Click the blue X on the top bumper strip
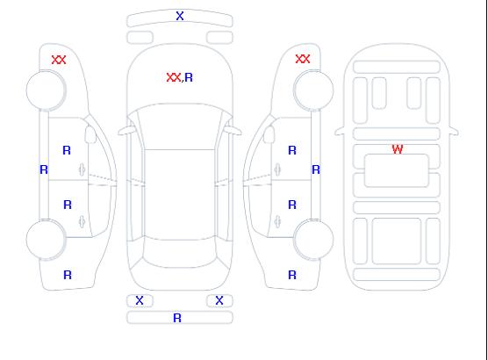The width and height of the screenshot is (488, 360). tap(180, 16)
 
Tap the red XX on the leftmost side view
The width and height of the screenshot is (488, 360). tap(59, 60)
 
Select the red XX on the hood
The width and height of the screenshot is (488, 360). tap(174, 77)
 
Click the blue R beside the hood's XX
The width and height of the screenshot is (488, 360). tap(189, 77)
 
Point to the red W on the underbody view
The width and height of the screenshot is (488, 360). tap(398, 149)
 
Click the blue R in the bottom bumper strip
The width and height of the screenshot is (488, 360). tap(177, 318)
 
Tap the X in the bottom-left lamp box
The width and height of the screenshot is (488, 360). tap(140, 300)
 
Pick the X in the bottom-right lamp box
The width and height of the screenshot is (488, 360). tap(219, 300)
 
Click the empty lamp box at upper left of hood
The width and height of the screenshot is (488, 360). tap(140, 38)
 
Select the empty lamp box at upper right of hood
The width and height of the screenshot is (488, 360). tap(219, 38)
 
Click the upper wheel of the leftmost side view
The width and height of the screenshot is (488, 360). tap(46, 90)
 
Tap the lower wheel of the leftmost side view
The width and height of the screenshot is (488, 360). tap(46, 240)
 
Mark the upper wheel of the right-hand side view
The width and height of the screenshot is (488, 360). tap(313, 90)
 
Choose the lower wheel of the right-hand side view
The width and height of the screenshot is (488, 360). tap(313, 240)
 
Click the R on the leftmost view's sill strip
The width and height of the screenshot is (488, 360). tap(44, 169)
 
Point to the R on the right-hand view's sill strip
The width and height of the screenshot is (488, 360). tap(316, 169)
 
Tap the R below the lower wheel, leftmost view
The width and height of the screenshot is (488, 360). tap(68, 275)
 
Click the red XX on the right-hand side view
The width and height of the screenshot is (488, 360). tap(303, 59)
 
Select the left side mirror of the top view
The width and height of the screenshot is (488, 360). tap(126, 131)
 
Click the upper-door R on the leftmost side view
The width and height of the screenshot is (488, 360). tap(67, 150)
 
